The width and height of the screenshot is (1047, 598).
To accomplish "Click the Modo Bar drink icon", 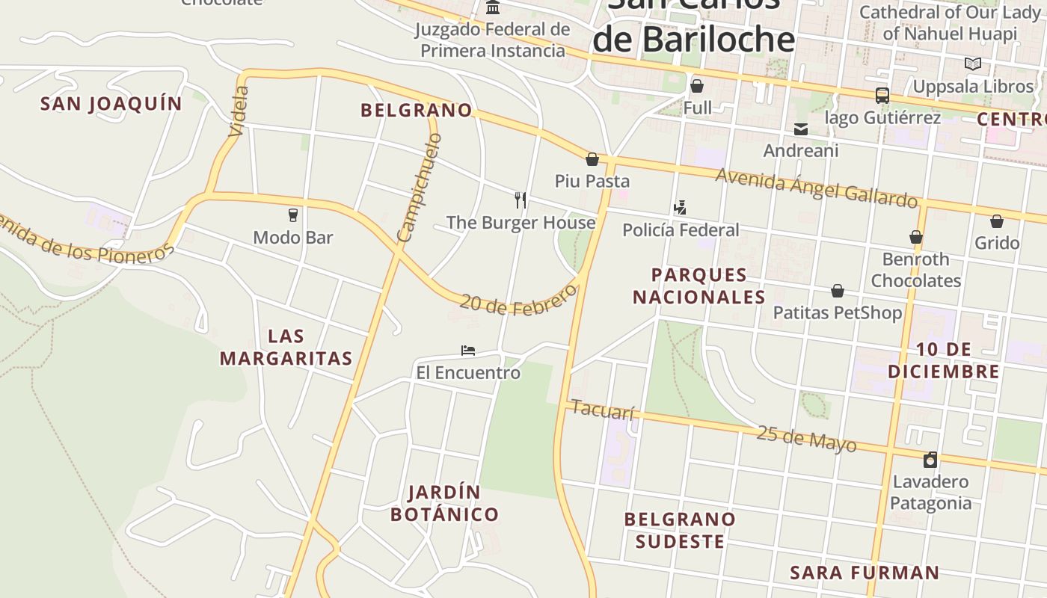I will click(293, 215).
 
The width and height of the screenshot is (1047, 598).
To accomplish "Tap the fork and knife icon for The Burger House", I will click(521, 200).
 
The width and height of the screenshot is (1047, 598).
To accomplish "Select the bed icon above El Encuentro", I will click(468, 350).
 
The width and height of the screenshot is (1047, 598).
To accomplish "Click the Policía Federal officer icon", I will click(680, 207).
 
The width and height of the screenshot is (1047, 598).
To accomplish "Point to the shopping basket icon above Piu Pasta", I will click(592, 159).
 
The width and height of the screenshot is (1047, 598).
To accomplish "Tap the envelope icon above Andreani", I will click(801, 129).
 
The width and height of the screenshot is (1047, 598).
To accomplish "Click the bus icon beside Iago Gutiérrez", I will click(882, 96).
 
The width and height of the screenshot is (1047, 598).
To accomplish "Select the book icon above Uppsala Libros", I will click(972, 64).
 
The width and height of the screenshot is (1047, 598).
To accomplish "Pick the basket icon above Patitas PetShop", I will click(838, 290).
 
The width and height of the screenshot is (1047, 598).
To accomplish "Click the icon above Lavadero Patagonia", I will click(930, 459).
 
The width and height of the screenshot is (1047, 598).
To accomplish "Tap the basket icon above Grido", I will click(997, 221).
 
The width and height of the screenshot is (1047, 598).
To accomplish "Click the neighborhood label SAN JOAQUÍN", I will click(111, 104).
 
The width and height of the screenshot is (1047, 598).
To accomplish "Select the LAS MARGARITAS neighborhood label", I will click(286, 347).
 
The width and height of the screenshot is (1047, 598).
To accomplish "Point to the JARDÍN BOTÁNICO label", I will click(444, 503).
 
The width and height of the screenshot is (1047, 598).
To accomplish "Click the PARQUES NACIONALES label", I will click(699, 286).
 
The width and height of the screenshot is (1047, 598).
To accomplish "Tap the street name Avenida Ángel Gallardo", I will click(817, 188).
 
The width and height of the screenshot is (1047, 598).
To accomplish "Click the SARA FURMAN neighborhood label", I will click(865, 573).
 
